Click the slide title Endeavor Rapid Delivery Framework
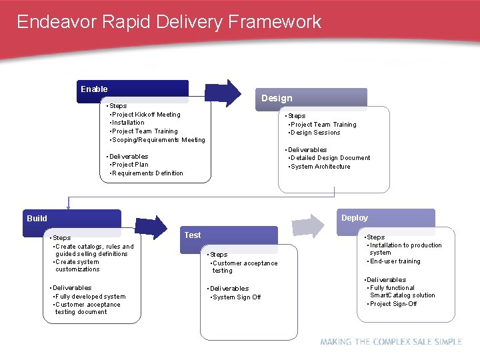click(169, 22)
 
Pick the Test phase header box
click(230, 237)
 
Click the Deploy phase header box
click(385, 219)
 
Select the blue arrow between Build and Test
click(152, 227)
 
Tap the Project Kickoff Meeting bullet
click(145, 115)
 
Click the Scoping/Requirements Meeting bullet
click(158, 140)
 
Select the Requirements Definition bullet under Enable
click(147, 173)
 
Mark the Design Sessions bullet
click(315, 133)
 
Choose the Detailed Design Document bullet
click(330, 158)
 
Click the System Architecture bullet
click(320, 167)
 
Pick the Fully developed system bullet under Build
click(90, 297)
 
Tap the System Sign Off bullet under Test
click(236, 297)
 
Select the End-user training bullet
click(395, 261)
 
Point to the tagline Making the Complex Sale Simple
click(391, 341)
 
